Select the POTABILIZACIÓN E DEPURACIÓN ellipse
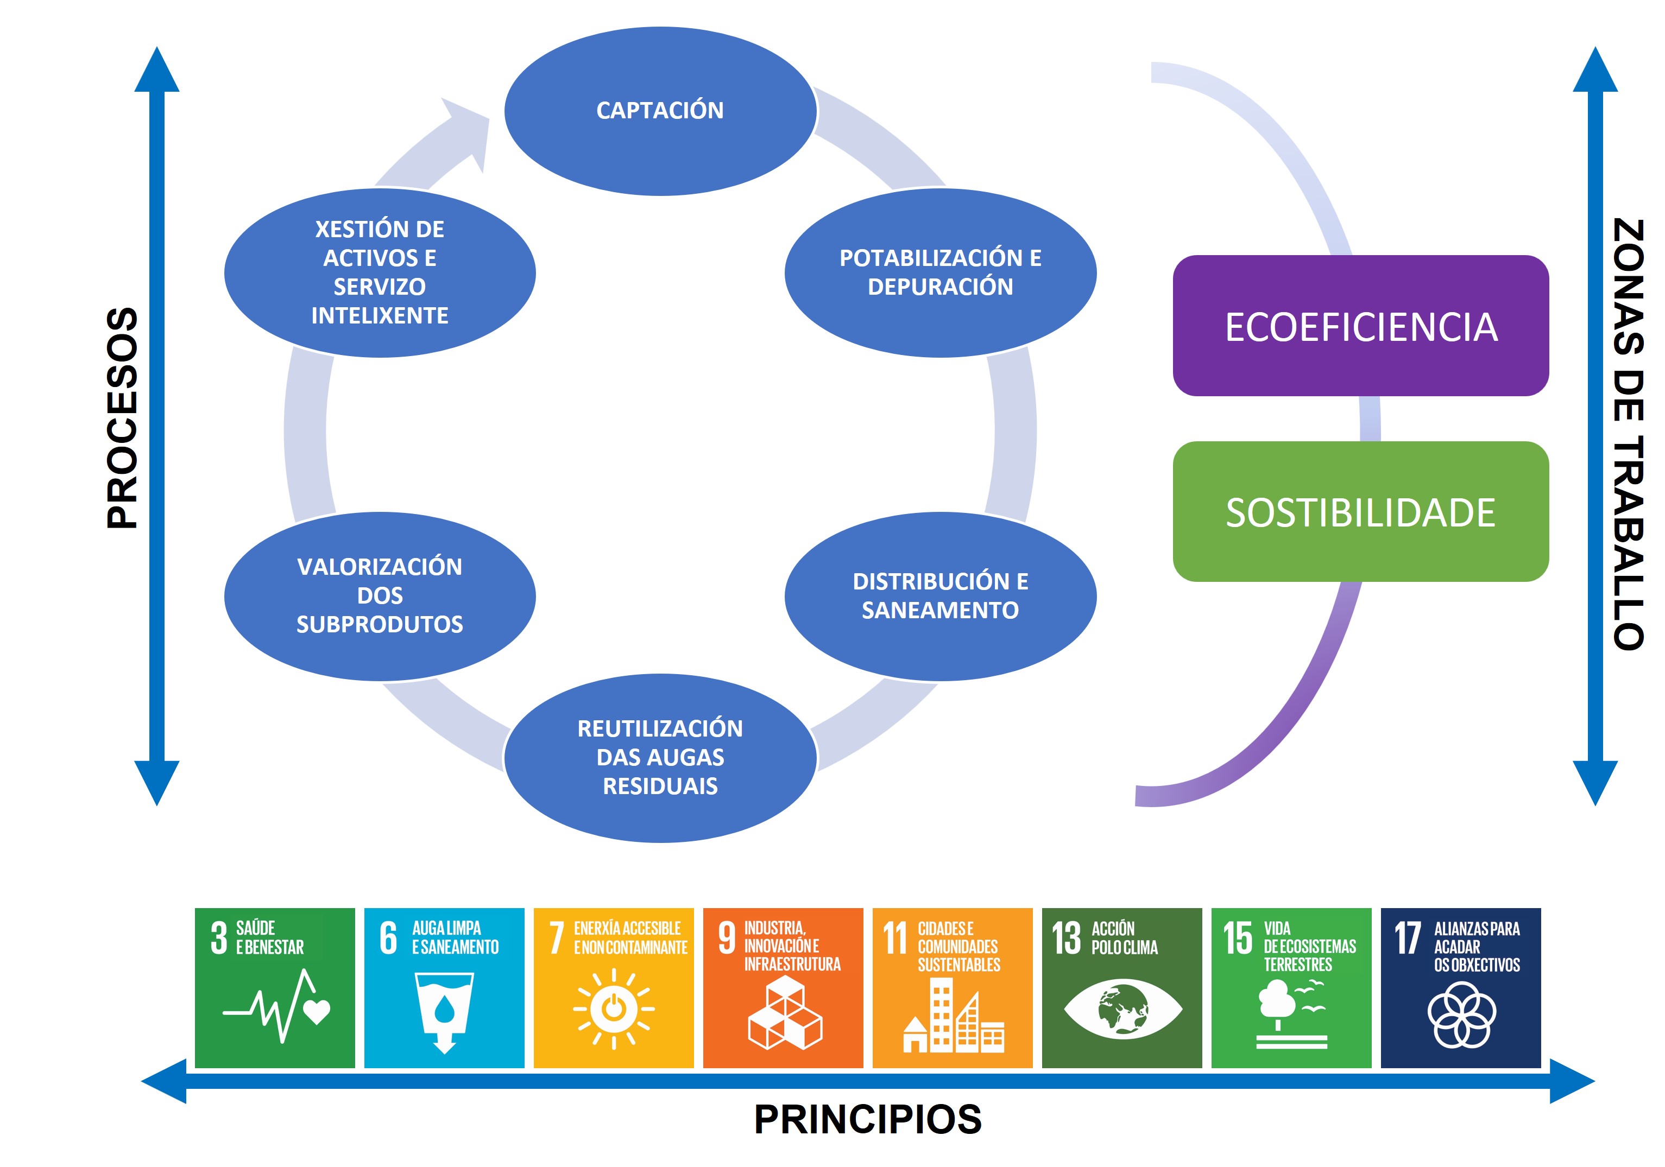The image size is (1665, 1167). tap(940, 272)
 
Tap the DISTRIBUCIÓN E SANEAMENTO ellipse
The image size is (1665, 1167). tap(940, 596)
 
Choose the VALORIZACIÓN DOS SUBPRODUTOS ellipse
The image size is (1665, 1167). tap(380, 596)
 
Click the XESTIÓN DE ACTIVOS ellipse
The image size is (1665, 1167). tap(380, 272)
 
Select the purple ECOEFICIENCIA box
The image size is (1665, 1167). tap(1360, 326)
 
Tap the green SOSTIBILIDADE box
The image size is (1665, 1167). tap(1360, 512)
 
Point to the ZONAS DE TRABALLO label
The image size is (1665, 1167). tap(1628, 434)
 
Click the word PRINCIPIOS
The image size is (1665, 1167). tap(867, 1119)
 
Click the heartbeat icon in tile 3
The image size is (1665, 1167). tap(276, 1006)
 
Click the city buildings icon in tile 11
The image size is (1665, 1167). tap(954, 1015)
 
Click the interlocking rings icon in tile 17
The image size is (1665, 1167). tap(1461, 1015)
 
